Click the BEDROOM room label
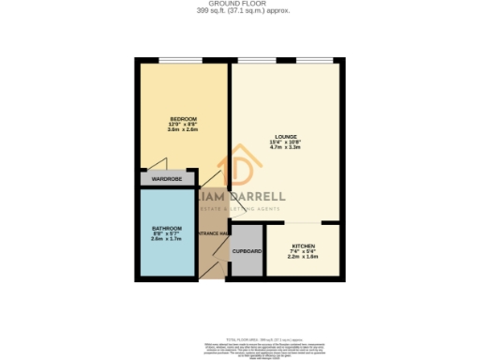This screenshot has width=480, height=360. tap(184, 118)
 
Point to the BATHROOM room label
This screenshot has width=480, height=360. tap(166, 229)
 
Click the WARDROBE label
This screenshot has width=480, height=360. tap(166, 178)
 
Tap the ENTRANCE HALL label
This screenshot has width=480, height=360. tap(213, 232)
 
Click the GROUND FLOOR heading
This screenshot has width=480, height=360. tap(240, 5)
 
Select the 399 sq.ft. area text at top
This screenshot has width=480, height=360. tap(240, 11)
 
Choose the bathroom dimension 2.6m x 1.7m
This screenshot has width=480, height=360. tap(166, 240)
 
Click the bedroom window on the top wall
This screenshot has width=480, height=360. tap(184, 62)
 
